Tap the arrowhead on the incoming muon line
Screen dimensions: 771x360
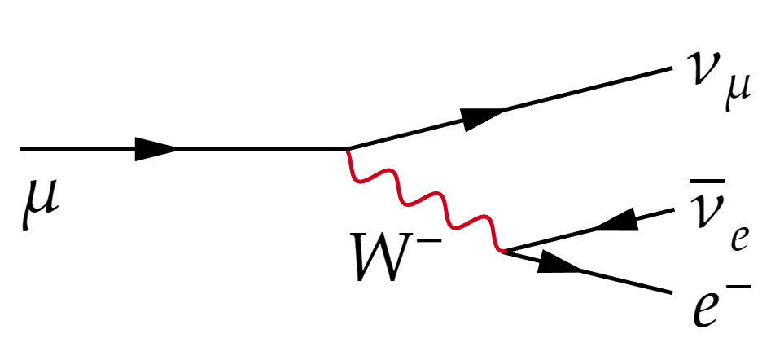coord(156,148)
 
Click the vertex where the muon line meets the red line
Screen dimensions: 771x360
coord(348,148)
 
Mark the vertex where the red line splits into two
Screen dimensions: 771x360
coord(504,252)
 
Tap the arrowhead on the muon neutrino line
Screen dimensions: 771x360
coord(482,119)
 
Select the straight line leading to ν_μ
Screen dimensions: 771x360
coord(510,108)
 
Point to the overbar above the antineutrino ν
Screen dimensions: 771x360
coord(707,182)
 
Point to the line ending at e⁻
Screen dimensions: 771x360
coord(588,273)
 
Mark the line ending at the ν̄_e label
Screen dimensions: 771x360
coord(589,230)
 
